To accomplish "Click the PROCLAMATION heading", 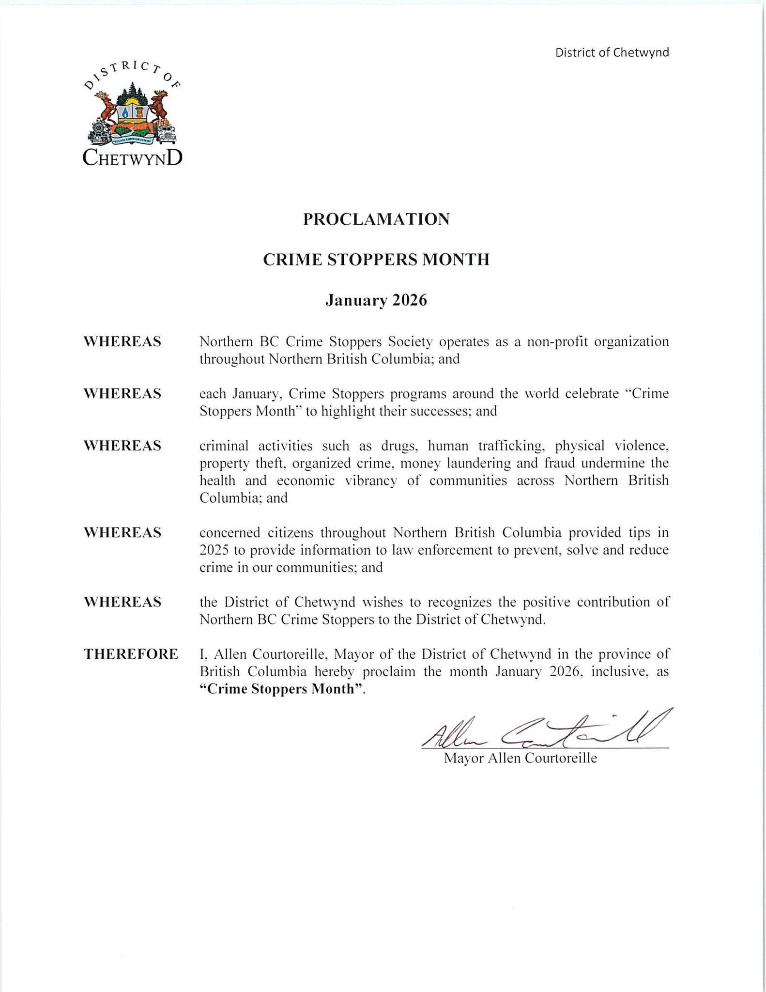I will (x=376, y=219).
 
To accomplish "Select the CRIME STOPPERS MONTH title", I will (x=376, y=260).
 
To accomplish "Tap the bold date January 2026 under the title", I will (x=376, y=301).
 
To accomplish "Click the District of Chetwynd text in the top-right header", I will (x=612, y=52).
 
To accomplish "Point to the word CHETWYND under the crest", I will (x=133, y=157).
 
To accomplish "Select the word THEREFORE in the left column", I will (x=131, y=654).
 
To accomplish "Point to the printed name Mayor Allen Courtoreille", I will (x=521, y=758).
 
